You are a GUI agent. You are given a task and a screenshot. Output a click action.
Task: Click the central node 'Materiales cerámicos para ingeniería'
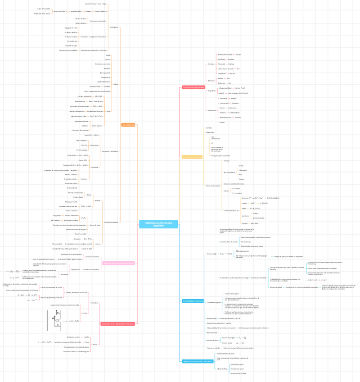tap(152, 224)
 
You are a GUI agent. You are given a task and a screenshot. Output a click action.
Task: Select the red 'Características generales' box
tap(193, 87)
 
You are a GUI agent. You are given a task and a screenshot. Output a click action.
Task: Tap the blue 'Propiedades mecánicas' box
tap(193, 301)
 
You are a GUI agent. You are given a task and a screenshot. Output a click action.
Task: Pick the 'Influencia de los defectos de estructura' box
tap(118, 323)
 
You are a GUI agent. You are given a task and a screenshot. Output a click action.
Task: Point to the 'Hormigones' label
tap(113, 27)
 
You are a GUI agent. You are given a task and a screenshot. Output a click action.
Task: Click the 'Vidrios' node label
tap(116, 84)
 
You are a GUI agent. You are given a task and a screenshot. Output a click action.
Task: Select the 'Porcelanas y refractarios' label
tap(110, 151)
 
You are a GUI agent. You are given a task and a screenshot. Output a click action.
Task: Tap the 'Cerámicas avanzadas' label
tap(111, 222)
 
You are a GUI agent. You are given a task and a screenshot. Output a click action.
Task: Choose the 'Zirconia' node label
tap(98, 244)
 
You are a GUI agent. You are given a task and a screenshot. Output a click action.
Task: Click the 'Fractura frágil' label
tap(211, 254)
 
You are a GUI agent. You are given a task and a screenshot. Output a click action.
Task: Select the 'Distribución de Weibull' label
tap(260, 277)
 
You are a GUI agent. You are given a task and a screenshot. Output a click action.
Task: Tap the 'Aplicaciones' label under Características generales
tap(212, 110)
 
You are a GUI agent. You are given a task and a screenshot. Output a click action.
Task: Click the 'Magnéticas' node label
tap(211, 91)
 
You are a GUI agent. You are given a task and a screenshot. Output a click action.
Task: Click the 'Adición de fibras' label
tap(222, 369)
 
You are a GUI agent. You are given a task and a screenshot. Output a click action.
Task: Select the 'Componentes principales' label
tap(98, 21)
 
